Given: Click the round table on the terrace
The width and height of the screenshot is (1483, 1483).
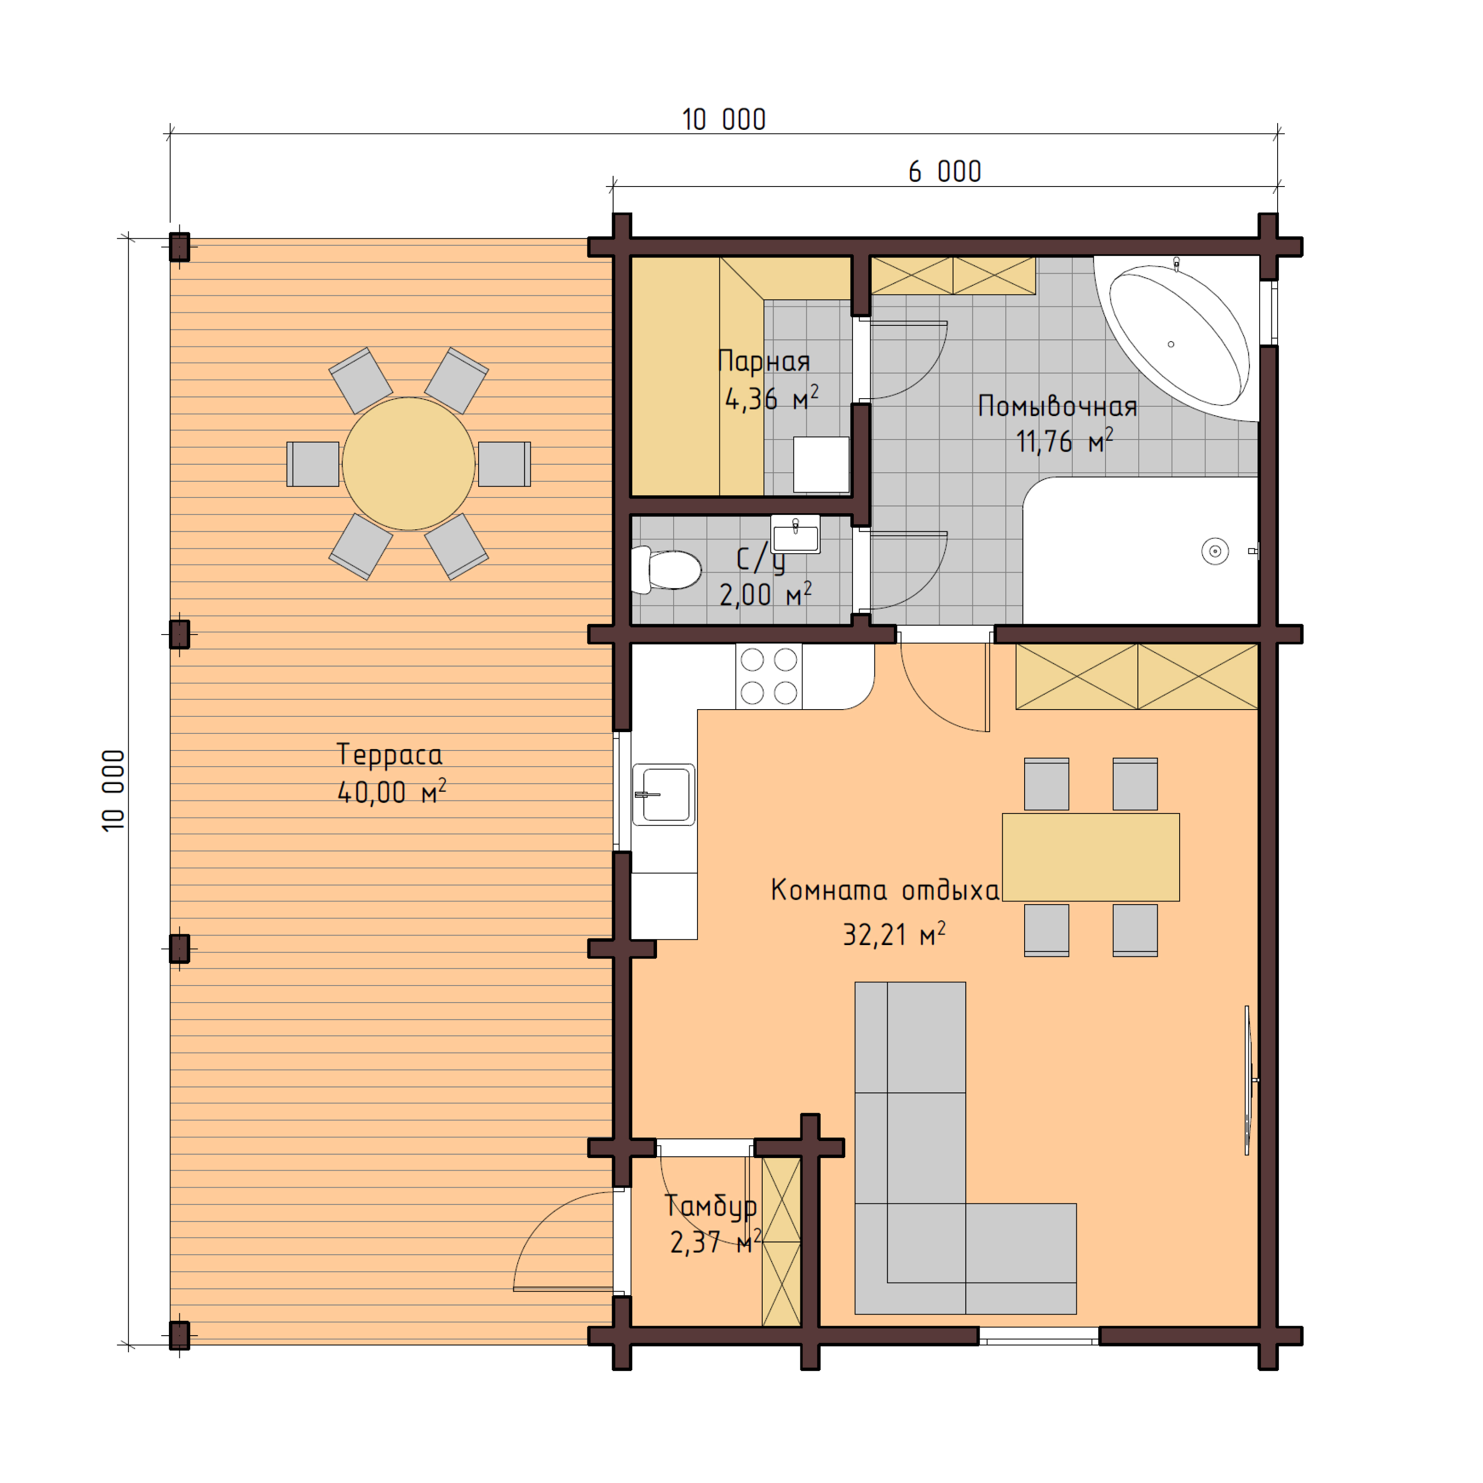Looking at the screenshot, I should pyautogui.click(x=408, y=464).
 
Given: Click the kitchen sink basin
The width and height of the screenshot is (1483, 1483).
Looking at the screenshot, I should pyautogui.click(x=664, y=795).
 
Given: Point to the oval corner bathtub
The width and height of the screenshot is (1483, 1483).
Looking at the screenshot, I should pyautogui.click(x=1178, y=336).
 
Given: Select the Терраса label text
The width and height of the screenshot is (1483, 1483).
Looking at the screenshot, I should pyautogui.click(x=389, y=755).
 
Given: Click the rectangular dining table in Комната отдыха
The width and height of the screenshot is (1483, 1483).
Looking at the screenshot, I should pyautogui.click(x=1090, y=857).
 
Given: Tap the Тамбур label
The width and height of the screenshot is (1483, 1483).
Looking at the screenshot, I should pyautogui.click(x=710, y=1206).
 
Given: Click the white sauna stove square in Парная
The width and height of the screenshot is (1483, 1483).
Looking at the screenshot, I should pyautogui.click(x=821, y=464).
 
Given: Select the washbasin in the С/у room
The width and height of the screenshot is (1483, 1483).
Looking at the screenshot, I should pyautogui.click(x=795, y=535).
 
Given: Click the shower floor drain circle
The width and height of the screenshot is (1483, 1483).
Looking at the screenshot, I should pyautogui.click(x=1214, y=551).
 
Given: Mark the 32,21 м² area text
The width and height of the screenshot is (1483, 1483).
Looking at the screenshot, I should pyautogui.click(x=894, y=935).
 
